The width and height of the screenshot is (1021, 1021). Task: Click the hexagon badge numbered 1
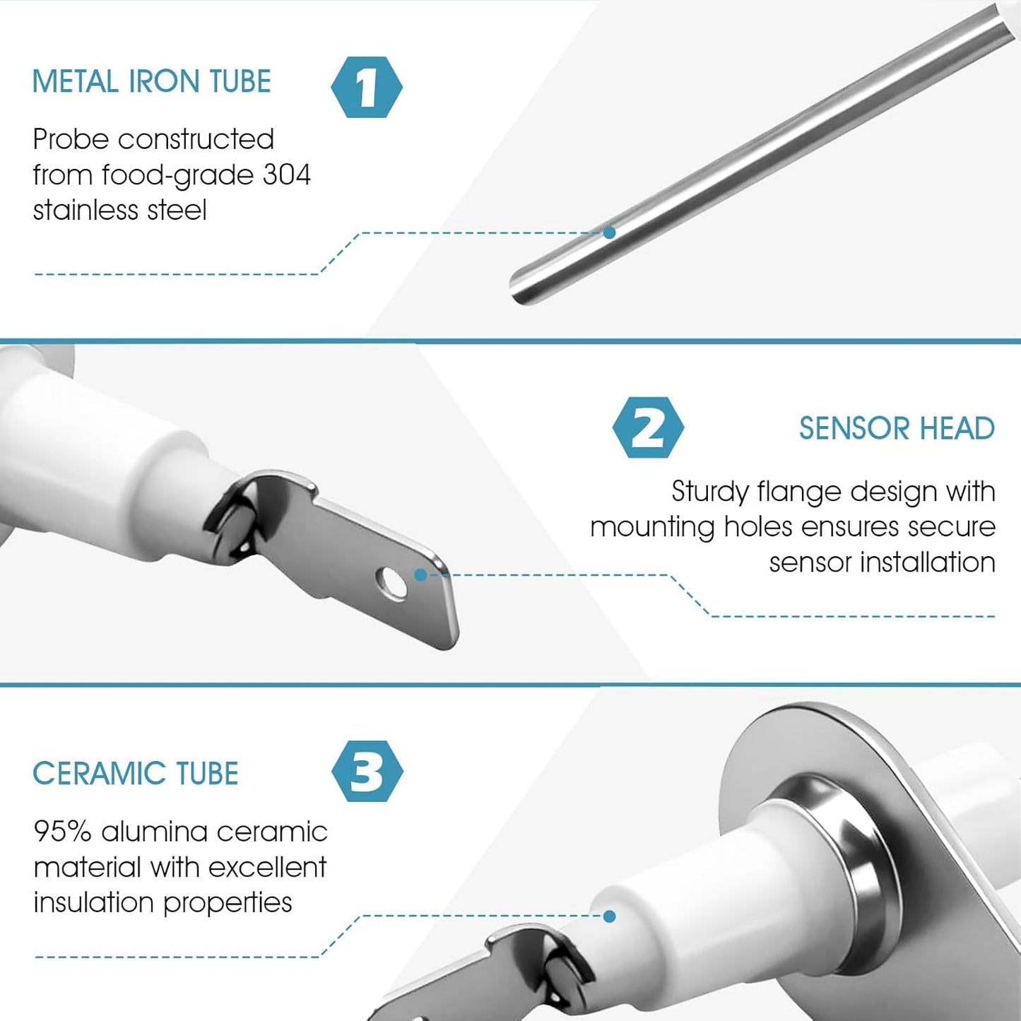[x=367, y=87]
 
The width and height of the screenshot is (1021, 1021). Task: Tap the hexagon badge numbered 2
[x=648, y=427]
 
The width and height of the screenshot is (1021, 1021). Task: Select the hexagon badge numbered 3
[x=367, y=772]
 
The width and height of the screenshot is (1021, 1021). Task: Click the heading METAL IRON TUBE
[x=152, y=81]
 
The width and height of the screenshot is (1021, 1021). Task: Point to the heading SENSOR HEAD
[x=897, y=428]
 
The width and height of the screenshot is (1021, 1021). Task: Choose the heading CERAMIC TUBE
[x=136, y=773]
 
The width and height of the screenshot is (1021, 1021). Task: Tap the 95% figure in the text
[x=62, y=832]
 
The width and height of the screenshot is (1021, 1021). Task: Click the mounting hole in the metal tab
[x=391, y=584]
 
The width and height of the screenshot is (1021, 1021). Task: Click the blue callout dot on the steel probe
[x=609, y=232]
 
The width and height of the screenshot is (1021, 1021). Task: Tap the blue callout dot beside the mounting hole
[x=420, y=575]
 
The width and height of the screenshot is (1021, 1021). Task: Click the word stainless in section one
[x=85, y=210]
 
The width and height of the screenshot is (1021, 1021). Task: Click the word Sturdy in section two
[x=709, y=492]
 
